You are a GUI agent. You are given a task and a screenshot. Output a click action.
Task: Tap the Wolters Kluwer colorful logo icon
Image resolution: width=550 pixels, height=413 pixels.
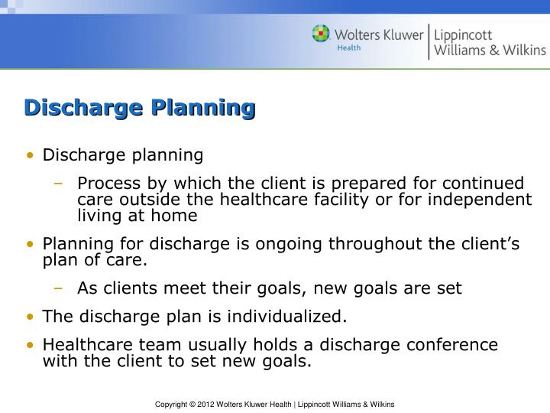click(x=321, y=34)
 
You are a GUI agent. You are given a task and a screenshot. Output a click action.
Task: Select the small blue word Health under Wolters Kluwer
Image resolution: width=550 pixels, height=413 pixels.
click(x=349, y=47)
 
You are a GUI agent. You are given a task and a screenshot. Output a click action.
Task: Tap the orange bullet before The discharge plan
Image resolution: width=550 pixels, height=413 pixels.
click(x=30, y=317)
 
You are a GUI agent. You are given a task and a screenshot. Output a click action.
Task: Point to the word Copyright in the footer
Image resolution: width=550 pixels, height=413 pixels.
click(x=173, y=404)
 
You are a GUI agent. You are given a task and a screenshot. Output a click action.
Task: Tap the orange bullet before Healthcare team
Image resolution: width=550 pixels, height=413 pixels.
click(x=30, y=346)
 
